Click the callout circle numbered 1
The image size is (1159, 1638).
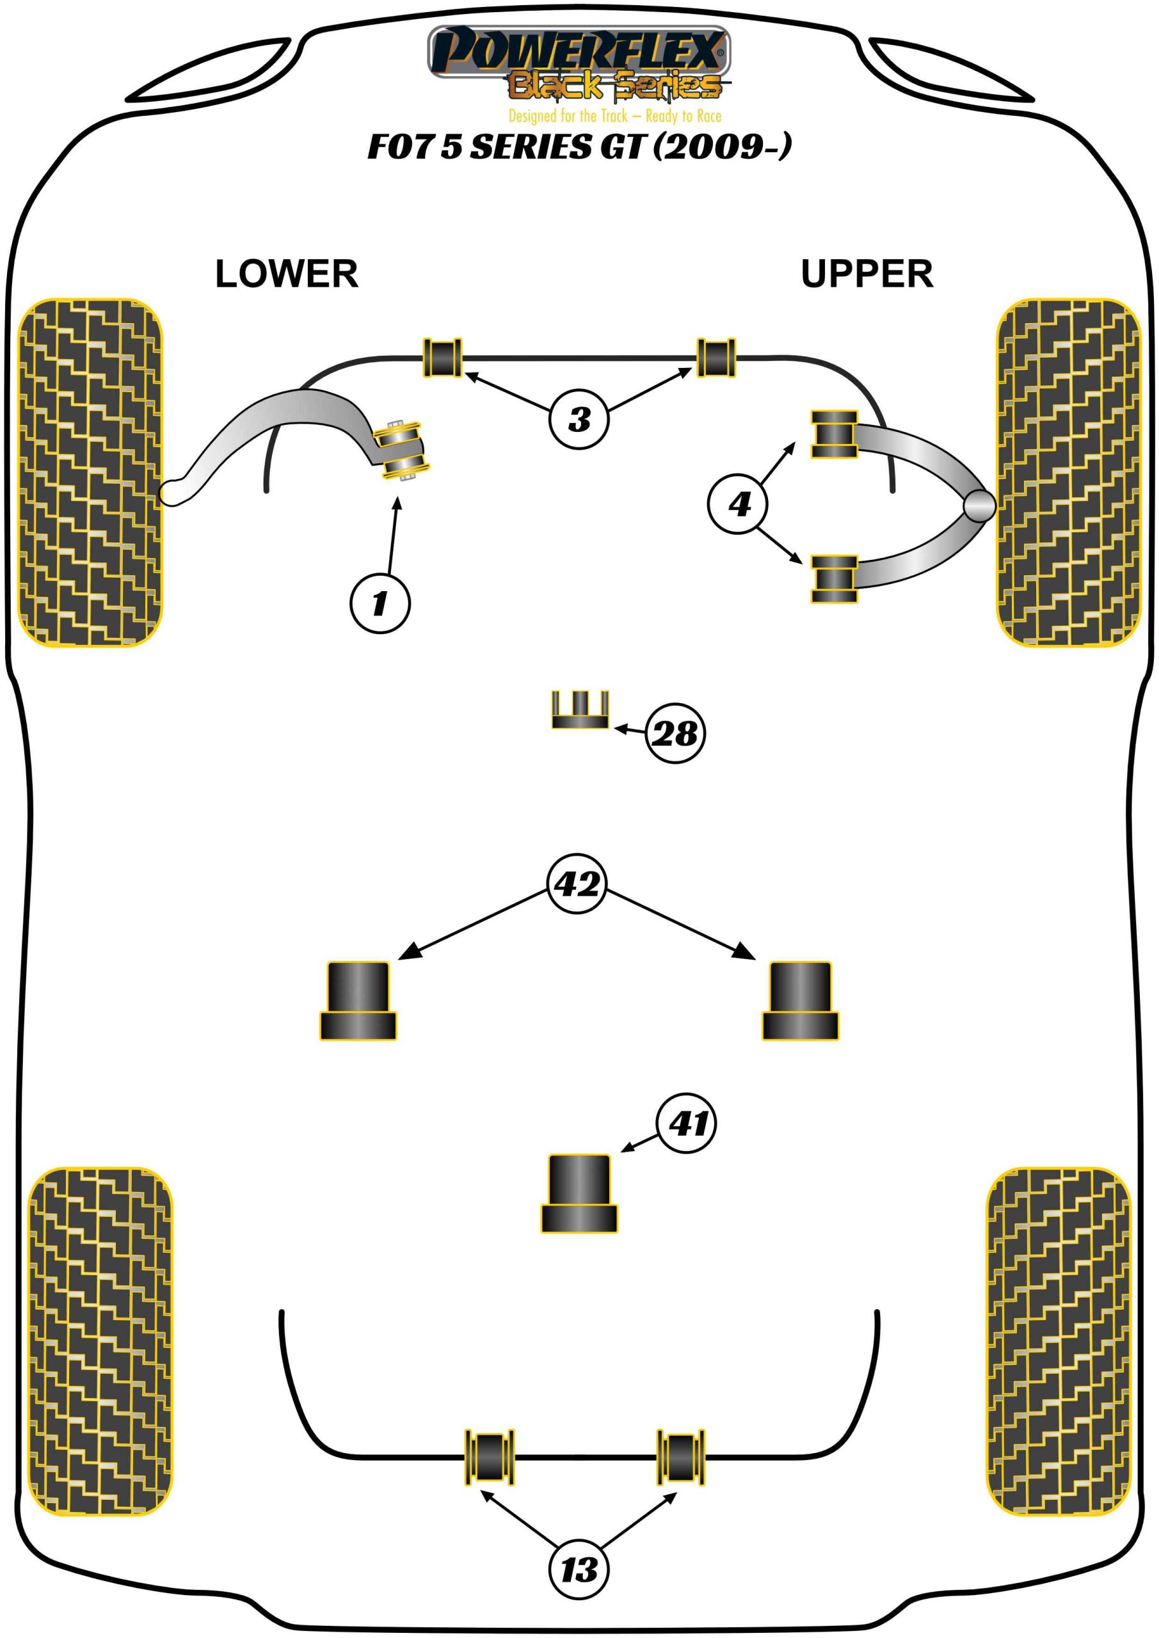[x=380, y=603]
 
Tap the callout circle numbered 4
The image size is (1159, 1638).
[x=739, y=504]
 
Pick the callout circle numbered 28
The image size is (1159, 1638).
[x=675, y=733]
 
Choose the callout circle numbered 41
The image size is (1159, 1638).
[x=687, y=1124]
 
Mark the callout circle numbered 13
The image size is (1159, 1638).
[x=579, y=1570]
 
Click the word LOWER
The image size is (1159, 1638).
[x=286, y=274]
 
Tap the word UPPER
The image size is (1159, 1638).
[x=867, y=274]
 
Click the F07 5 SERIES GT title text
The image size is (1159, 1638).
[x=579, y=147]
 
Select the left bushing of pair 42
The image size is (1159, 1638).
[x=358, y=1000]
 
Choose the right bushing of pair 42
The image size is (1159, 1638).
[x=800, y=1000]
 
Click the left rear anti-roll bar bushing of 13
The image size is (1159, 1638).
[x=490, y=1457]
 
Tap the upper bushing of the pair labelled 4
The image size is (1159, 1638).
[x=833, y=434]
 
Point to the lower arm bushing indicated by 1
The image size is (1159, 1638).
[x=403, y=451]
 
